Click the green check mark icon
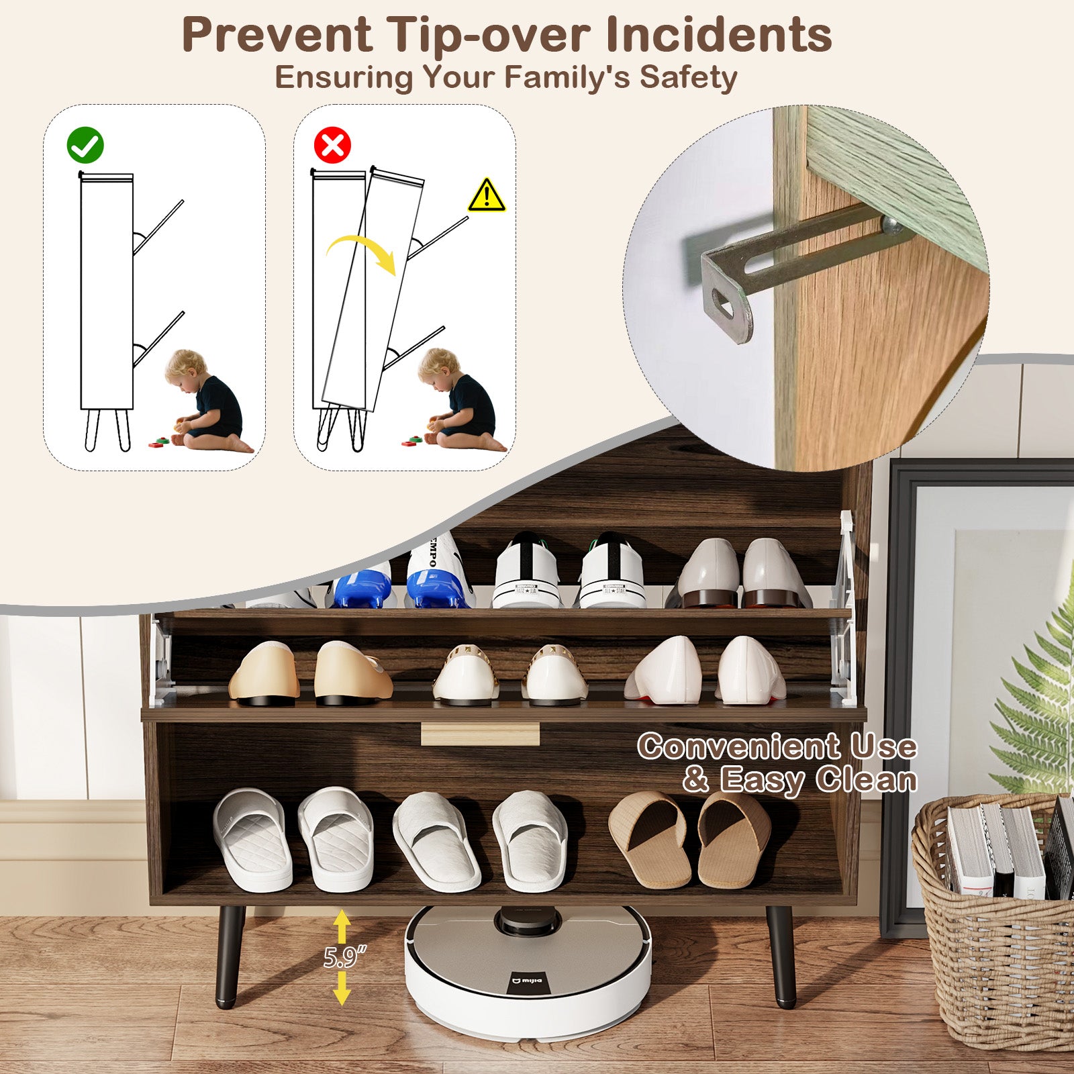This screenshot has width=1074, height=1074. point(85,145)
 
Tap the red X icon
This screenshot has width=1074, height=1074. point(332,145)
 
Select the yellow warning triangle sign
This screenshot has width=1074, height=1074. point(487,195)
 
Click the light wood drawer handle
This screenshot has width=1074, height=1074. point(480,734)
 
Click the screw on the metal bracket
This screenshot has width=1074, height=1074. point(893,226)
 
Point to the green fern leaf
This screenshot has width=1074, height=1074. point(1037,698)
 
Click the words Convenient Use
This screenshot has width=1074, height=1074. point(777,746)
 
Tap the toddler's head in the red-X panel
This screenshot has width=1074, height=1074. point(438,368)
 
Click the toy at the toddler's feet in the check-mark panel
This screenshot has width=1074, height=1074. point(161,441)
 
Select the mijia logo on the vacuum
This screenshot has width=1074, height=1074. point(528,981)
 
